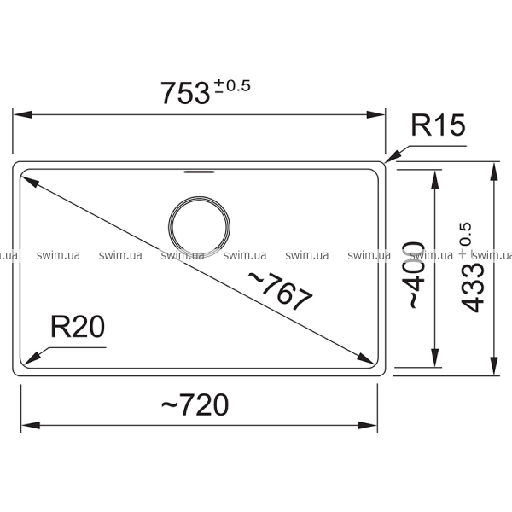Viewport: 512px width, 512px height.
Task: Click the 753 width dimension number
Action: tap(185, 93)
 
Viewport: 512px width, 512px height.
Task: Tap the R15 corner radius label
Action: tap(438, 125)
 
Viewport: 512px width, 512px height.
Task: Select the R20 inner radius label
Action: tap(78, 327)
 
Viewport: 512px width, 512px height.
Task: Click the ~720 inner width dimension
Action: tap(195, 404)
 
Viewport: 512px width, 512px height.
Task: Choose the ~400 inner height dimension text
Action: tap(417, 275)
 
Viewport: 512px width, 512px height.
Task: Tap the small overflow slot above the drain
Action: tap(199, 172)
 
